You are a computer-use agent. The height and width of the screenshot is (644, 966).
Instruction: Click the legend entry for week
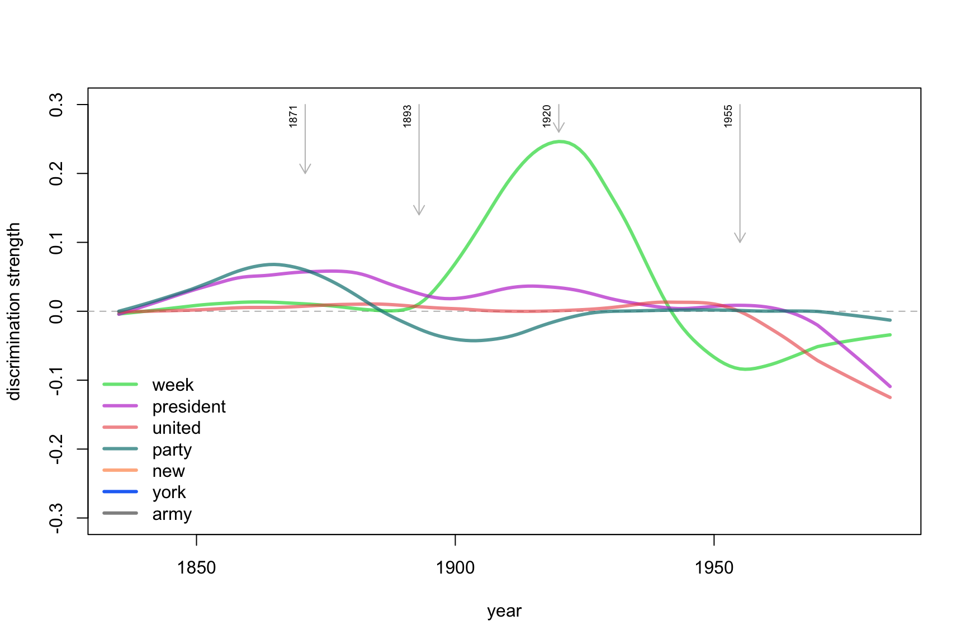tap(173, 385)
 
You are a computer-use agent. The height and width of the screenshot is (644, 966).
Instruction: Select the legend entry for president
tap(189, 406)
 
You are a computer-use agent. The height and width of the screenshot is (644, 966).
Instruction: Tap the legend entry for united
tap(176, 428)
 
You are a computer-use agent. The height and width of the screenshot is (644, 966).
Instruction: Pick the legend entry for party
tap(172, 449)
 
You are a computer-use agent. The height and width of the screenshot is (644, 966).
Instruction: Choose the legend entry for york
tap(169, 493)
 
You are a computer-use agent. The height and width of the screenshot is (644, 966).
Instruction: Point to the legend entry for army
tap(172, 514)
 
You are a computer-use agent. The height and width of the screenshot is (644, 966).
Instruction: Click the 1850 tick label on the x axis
tap(196, 568)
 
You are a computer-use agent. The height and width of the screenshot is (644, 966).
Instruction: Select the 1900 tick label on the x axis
tap(455, 568)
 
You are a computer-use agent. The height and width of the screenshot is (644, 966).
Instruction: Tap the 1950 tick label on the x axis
tap(714, 568)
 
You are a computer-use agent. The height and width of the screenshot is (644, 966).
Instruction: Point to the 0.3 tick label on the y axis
tap(56, 105)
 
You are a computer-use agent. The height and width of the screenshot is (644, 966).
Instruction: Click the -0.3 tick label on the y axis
tap(56, 518)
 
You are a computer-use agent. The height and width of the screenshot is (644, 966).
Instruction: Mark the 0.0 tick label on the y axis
tap(56, 311)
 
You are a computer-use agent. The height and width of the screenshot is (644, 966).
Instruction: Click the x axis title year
tap(504, 611)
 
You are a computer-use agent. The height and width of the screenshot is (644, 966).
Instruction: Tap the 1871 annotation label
tap(293, 116)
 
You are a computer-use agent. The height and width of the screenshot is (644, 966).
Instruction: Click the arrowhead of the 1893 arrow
tap(419, 212)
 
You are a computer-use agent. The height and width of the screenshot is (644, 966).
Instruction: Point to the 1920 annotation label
tap(547, 116)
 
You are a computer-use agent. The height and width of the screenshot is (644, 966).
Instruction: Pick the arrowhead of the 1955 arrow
tap(740, 240)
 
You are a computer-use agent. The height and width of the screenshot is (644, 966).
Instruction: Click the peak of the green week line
tap(559, 141)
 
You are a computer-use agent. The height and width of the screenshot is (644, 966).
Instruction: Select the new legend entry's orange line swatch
tap(120, 471)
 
